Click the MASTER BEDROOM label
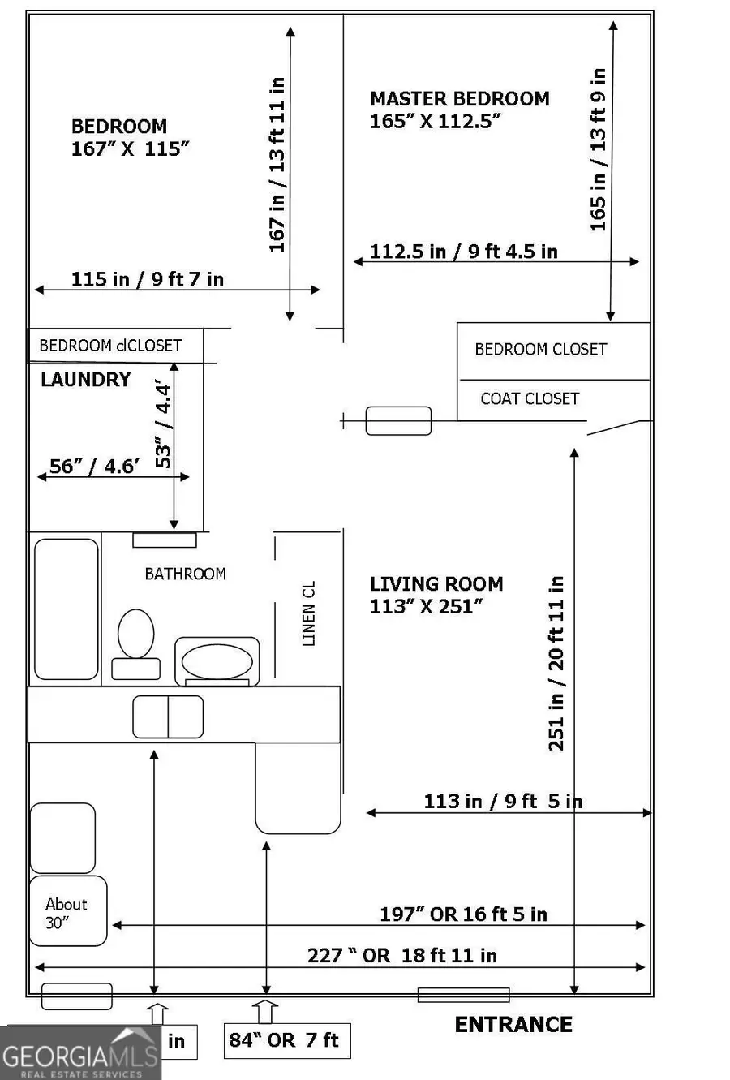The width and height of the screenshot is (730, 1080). point(459,99)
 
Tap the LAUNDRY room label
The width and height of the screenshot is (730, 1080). point(85,380)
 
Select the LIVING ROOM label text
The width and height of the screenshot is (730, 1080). point(436,584)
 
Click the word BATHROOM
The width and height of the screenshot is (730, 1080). point(185,574)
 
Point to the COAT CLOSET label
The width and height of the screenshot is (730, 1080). point(530,399)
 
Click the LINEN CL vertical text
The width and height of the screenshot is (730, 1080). point(308,613)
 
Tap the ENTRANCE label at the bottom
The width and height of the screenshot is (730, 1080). point(513,1025)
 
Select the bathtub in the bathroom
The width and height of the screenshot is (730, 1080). point(66,609)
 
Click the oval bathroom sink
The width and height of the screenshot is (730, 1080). point(217,661)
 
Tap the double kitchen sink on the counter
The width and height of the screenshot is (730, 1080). point(168,717)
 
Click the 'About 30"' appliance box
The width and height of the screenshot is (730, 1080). point(68,911)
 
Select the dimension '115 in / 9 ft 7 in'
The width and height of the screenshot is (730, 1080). point(148,279)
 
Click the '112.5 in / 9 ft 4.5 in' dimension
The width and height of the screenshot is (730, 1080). point(464,252)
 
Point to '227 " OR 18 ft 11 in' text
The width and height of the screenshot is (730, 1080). point(401,956)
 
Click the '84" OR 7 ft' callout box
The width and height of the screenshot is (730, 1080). point(286,1041)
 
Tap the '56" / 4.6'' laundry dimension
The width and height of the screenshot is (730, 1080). point(95,467)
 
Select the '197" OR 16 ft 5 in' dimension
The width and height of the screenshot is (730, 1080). point(463,914)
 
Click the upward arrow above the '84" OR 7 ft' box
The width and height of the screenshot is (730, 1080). point(264,1012)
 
